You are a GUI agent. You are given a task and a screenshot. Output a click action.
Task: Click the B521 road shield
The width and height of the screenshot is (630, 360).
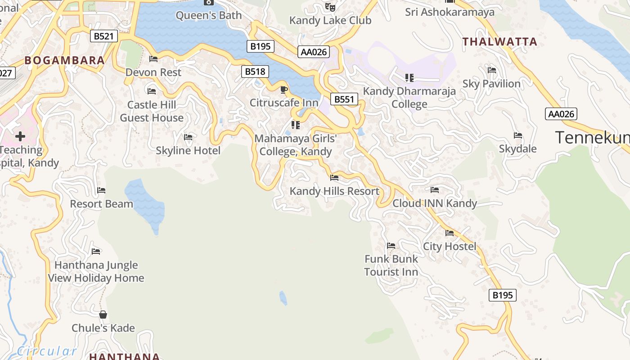104,36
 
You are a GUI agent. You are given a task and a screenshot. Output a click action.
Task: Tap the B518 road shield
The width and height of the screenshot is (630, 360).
255,71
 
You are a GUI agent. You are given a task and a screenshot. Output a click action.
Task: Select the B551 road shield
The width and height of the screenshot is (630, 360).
344,99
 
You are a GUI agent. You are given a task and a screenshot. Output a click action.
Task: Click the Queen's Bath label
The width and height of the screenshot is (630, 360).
208,15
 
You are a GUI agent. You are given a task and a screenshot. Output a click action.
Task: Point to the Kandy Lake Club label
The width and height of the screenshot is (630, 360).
330,20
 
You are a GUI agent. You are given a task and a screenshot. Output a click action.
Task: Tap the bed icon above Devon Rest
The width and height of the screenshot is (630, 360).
153,59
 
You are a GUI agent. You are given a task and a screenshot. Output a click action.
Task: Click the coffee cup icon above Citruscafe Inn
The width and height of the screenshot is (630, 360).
284,90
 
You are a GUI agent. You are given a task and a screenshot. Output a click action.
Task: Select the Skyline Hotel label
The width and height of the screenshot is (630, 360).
188,150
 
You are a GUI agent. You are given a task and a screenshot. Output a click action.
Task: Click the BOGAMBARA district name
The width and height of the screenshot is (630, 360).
64,60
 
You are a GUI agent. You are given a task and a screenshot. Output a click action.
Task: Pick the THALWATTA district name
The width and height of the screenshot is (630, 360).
500,42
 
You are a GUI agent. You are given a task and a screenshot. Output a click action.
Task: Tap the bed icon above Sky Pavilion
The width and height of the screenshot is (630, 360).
492,70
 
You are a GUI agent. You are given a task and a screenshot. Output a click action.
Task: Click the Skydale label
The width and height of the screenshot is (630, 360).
517,149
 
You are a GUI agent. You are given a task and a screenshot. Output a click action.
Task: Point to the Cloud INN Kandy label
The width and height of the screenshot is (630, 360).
435,203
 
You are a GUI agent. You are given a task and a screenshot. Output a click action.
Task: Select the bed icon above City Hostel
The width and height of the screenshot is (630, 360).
450,233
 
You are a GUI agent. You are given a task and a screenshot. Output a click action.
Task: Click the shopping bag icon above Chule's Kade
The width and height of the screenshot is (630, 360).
103,314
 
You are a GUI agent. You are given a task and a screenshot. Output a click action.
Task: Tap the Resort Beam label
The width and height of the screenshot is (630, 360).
101,204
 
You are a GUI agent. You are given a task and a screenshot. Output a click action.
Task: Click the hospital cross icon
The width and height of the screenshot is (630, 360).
20,136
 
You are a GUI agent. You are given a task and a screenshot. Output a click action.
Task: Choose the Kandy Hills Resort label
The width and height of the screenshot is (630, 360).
334,191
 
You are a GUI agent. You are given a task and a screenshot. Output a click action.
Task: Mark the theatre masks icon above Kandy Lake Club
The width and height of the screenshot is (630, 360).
330,7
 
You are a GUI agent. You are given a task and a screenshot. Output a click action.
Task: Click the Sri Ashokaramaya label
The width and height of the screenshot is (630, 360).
450,12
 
